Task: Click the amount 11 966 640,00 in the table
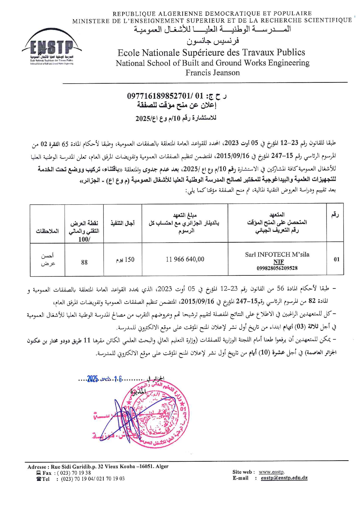click(x=185, y=259)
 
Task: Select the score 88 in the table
click(x=84, y=262)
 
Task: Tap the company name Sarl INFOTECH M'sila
click(x=277, y=255)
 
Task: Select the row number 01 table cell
click(x=336, y=259)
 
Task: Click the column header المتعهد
click(x=277, y=215)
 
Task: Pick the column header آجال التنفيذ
click(x=123, y=223)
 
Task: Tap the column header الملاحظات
click(x=47, y=231)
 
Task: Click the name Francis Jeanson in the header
click(x=213, y=73)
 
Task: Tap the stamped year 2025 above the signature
click(x=93, y=379)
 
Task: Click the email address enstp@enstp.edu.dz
click(x=284, y=478)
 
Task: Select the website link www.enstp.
click(x=271, y=472)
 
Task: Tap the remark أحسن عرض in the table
click(x=47, y=259)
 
